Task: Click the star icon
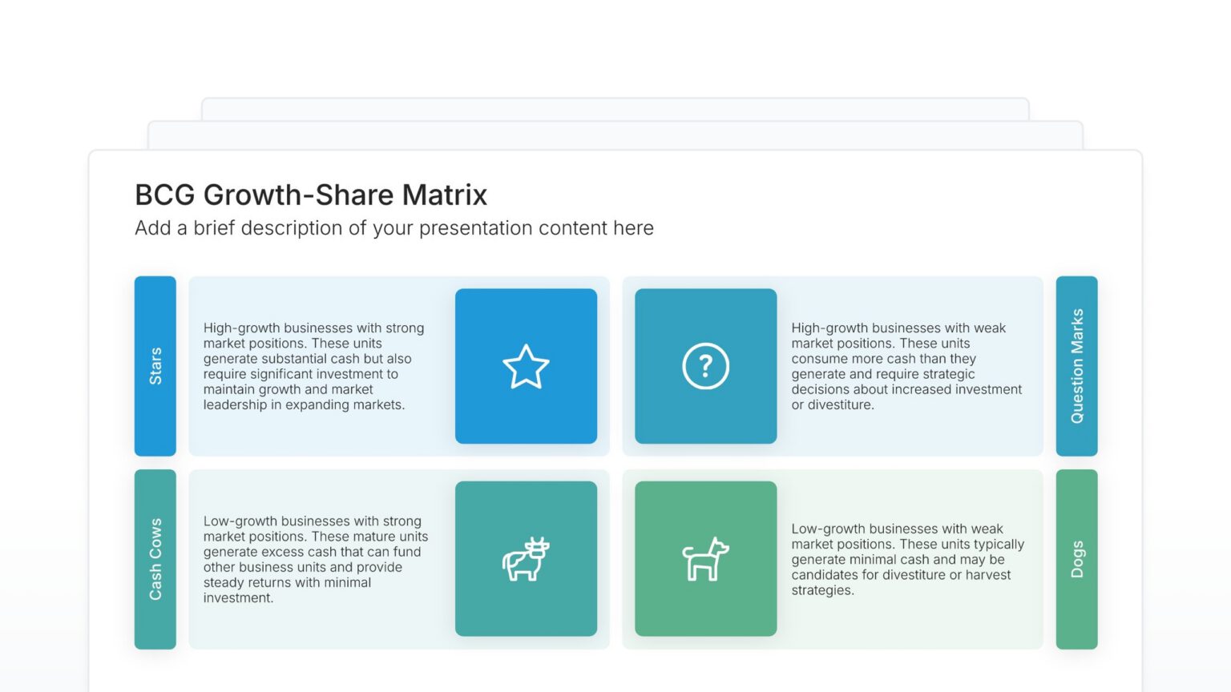[526, 367]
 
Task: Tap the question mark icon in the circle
[705, 366]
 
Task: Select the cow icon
[526, 559]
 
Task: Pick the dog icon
[705, 559]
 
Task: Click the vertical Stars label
[155, 366]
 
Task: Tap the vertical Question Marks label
[1077, 366]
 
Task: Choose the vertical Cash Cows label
[155, 559]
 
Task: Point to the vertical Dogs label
[1077, 559]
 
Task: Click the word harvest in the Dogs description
[990, 575]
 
